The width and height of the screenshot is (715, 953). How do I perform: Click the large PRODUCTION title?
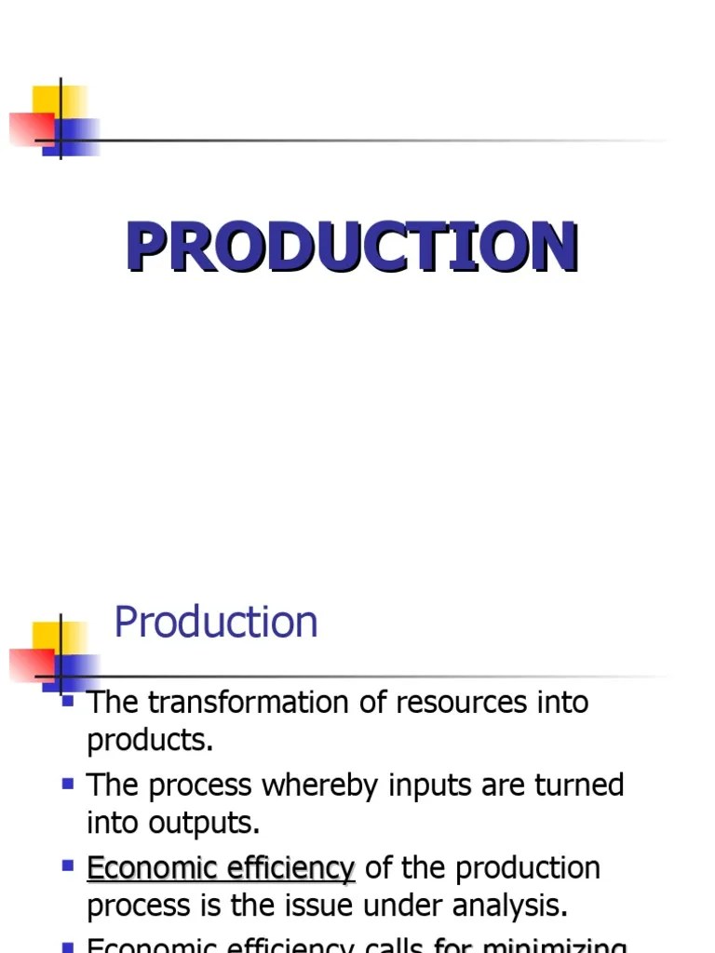(352, 248)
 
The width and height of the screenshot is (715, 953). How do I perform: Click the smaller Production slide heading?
(215, 622)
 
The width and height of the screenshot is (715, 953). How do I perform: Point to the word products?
(148, 741)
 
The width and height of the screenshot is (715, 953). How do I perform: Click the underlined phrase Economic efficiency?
(221, 868)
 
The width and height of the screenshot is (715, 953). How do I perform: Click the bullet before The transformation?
(68, 700)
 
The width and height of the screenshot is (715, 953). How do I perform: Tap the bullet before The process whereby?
(68, 784)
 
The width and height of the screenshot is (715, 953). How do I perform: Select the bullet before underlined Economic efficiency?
(68, 866)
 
